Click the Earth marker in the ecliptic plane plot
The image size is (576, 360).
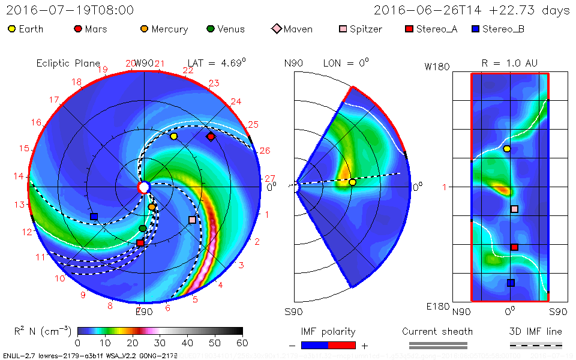pos(174,136)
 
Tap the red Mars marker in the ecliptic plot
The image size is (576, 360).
pos(211,137)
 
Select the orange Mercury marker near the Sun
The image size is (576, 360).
pos(152,207)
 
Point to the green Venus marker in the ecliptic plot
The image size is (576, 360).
pos(143,229)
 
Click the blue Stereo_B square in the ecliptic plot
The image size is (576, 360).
pos(94,216)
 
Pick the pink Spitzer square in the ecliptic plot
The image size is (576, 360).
pos(192,220)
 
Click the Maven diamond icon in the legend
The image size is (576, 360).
pos(277,29)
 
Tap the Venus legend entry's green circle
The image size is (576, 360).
pos(210,29)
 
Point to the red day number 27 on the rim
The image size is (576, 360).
pos(269,178)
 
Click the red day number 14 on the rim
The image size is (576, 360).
pos(19,176)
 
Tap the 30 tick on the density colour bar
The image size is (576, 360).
pos(160,343)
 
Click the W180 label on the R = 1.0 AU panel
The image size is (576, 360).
pos(437,67)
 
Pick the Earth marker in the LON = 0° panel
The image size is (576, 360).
pos(352,182)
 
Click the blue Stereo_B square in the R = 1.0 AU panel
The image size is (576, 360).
pos(511,283)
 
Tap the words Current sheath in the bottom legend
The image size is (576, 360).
pos(437,331)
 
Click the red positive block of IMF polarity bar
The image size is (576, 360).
pos(342,345)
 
